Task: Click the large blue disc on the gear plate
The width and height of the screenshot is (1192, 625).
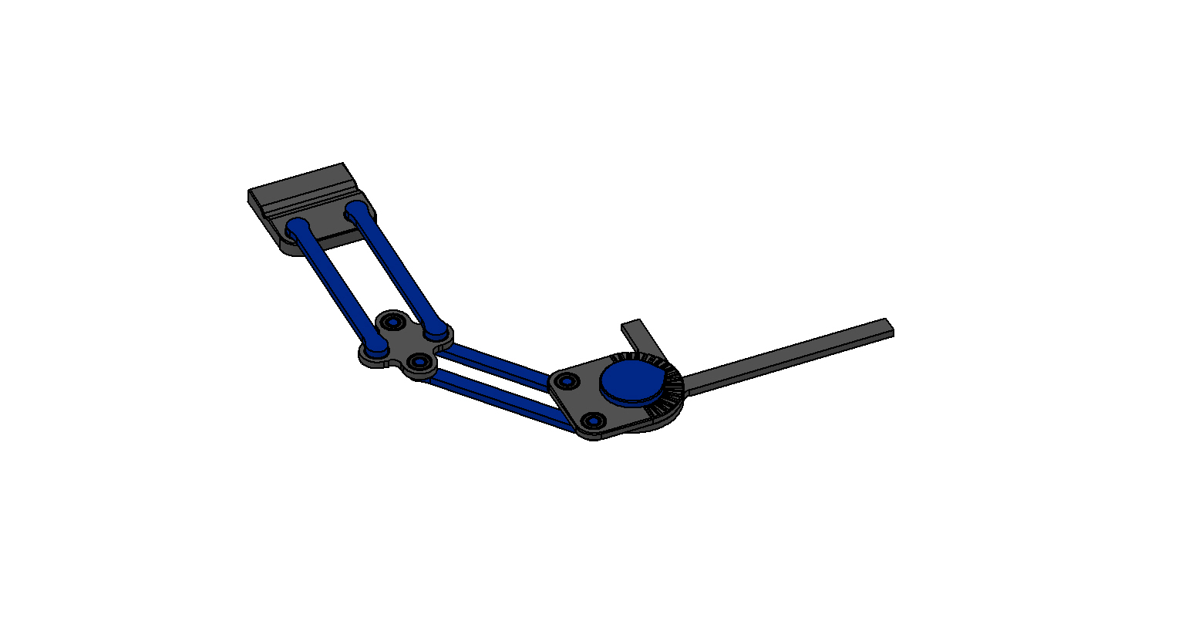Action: (x=630, y=380)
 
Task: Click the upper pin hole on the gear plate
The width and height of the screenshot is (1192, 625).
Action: (x=568, y=381)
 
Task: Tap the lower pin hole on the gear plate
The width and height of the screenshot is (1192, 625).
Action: (x=593, y=421)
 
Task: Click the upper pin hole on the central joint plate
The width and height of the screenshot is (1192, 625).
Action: (x=395, y=320)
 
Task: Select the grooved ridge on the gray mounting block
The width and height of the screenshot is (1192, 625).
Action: (x=308, y=200)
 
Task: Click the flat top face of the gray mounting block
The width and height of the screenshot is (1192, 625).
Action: (x=297, y=186)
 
